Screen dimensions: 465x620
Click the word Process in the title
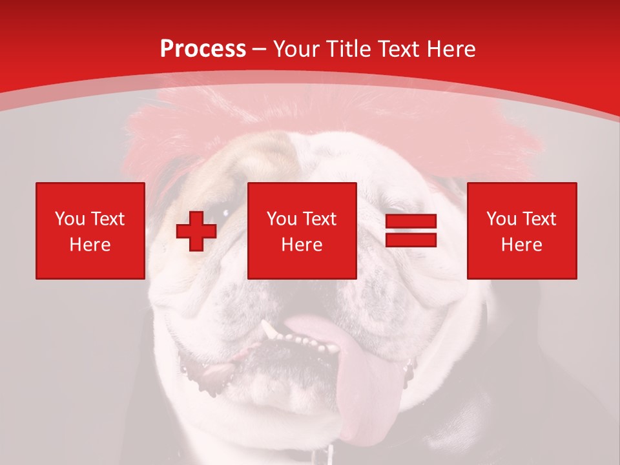click(203, 49)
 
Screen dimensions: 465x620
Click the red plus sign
click(196, 231)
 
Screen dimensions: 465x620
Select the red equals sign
click(411, 231)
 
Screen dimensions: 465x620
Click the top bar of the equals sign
click(411, 222)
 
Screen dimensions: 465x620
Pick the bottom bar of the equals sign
click(411, 240)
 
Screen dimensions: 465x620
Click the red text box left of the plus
click(90, 231)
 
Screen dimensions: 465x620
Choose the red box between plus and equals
click(302, 231)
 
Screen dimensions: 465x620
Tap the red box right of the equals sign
click(522, 231)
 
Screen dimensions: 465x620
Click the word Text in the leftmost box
click(107, 219)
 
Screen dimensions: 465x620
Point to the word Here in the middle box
click(302, 245)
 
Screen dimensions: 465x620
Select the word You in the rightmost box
click(501, 219)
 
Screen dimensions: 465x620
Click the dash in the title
click(260, 49)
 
